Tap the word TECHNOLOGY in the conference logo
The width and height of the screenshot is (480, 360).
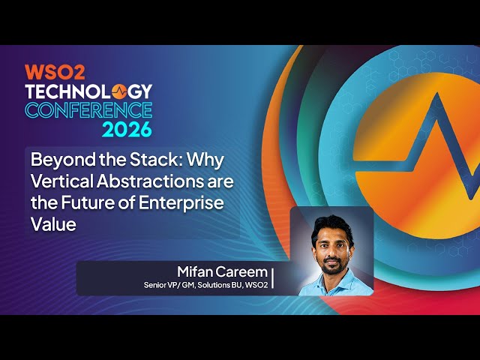(88, 91)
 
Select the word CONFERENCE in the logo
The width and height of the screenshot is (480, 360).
(88, 110)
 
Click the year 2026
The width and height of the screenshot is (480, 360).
(127, 129)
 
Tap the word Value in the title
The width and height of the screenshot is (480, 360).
(52, 223)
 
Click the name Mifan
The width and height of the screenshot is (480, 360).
(197, 271)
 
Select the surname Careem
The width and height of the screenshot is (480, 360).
(243, 271)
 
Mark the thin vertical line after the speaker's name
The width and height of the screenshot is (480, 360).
(273, 277)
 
